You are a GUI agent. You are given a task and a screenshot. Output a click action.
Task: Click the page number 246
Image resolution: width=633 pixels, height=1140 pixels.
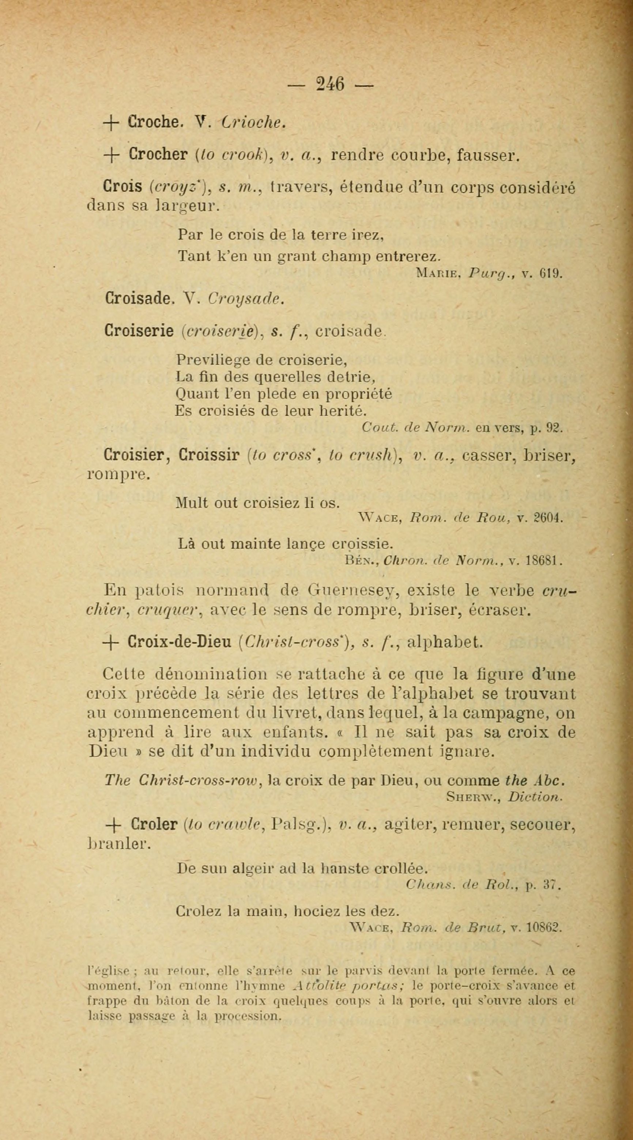[x=331, y=84]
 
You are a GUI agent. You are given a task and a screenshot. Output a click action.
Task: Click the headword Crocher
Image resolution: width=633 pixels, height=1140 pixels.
[x=159, y=155]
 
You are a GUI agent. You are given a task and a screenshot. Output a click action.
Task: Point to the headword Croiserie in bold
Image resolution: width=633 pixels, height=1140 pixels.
[x=139, y=331]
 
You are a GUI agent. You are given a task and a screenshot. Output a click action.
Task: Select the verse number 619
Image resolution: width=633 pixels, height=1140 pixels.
[x=551, y=274]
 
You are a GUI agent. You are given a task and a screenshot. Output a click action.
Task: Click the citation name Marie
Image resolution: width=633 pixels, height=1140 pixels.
[x=437, y=274]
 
